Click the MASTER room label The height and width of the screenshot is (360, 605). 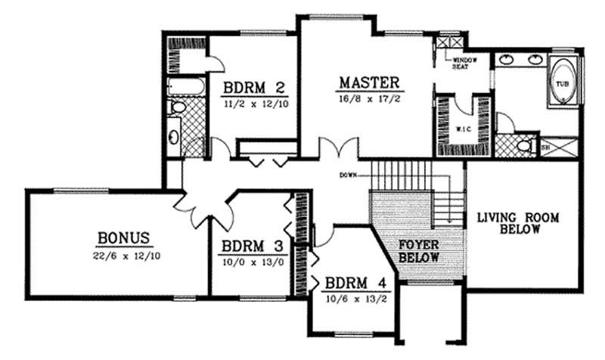tap(368, 82)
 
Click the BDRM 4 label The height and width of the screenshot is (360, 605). tap(352, 284)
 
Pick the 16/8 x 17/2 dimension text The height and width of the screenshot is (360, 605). tap(368, 98)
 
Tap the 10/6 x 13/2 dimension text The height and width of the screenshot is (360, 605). tap(353, 299)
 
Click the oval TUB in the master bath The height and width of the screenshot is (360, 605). tap(562, 83)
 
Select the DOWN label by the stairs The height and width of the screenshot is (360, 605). tap(349, 175)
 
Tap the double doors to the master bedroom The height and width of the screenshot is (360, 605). tap(337, 148)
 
